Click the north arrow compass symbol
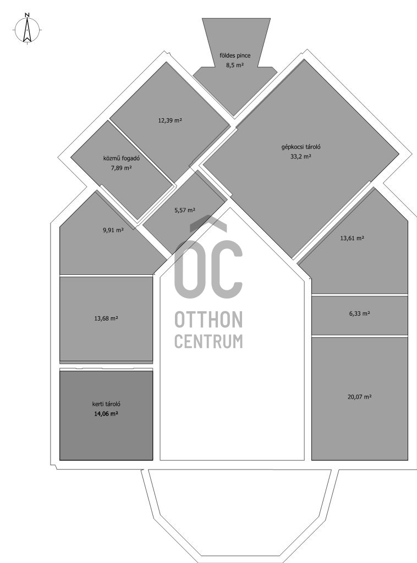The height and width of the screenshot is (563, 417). tap(28, 30)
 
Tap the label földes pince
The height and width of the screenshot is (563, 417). tap(235, 56)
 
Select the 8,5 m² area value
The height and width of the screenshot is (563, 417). tap(235, 65)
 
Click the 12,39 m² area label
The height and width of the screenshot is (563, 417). tap(170, 120)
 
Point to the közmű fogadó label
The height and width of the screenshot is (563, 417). tap(122, 158)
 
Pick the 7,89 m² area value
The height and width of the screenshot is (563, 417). tap(122, 167)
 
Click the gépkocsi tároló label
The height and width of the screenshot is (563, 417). tap(301, 147)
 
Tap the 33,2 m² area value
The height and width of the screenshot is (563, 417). tap(301, 157)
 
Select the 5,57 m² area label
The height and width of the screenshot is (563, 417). tap(185, 210)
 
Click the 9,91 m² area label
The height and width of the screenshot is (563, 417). tap(113, 230)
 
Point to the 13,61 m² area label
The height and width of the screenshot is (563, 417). tap(352, 238)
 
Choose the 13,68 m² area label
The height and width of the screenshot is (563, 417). tap(106, 318)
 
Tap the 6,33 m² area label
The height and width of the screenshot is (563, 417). tap(360, 313)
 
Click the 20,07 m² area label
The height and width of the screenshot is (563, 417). tap(360, 397)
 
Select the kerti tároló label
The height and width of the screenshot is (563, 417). tap(106, 404)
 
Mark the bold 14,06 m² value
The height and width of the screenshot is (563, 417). tap(106, 413)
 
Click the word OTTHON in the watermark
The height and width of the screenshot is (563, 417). tap(209, 319)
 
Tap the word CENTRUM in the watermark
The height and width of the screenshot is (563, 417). tap(209, 341)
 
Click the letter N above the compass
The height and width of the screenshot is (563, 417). tap(27, 15)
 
